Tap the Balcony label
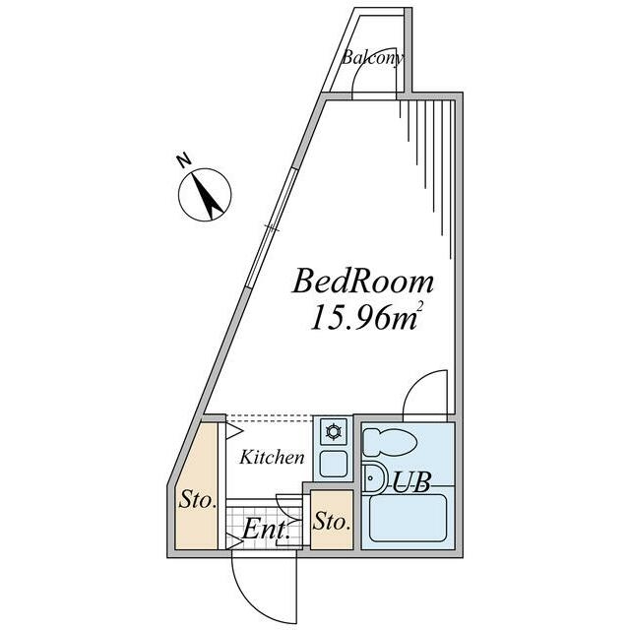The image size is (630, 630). (373, 58)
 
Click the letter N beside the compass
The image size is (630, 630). (182, 158)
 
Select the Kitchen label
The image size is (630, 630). (272, 458)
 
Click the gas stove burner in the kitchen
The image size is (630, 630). (333, 432)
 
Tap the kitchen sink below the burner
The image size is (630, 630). (333, 464)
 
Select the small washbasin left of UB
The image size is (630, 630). (373, 480)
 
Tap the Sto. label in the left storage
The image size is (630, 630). (198, 501)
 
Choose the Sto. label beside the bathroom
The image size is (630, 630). (331, 522)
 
